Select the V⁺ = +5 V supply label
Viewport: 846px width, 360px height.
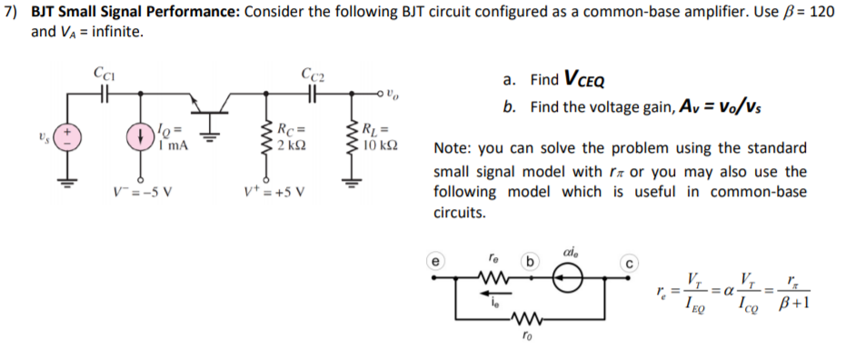275,191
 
